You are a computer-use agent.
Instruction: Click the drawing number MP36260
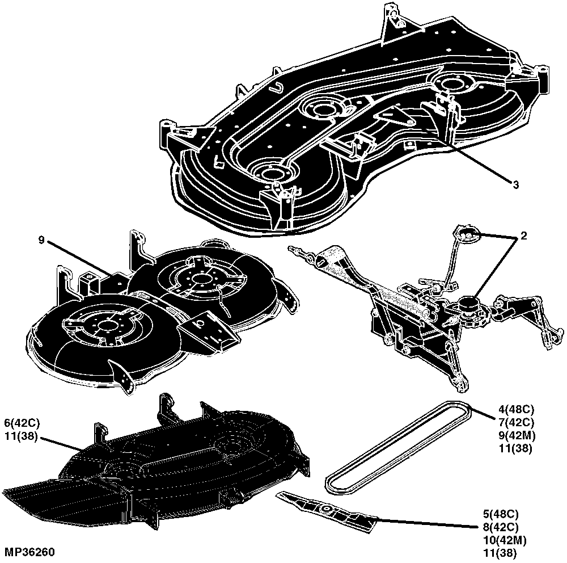29,552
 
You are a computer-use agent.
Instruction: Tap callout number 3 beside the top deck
515,184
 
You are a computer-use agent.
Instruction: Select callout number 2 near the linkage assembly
523,236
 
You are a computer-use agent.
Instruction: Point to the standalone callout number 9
41,240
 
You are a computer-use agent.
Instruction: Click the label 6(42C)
22,423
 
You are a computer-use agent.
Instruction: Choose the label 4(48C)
516,410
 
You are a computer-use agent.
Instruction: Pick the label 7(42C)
516,422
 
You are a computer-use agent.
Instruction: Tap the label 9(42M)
517,435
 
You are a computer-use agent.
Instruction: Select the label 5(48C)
501,514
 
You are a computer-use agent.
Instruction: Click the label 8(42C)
501,527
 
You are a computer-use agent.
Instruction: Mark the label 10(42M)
505,540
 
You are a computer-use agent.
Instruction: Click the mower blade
326,510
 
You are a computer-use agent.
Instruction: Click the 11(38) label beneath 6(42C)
21,436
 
